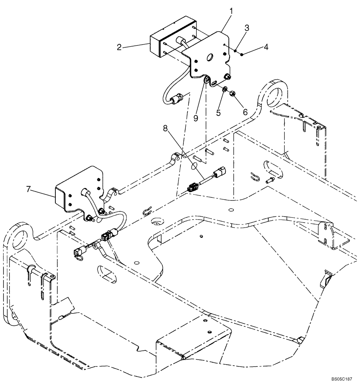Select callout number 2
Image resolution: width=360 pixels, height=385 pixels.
[x=119, y=47]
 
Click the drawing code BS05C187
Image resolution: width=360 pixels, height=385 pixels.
[x=340, y=379]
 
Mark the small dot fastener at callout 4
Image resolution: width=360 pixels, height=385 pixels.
[x=242, y=55]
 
